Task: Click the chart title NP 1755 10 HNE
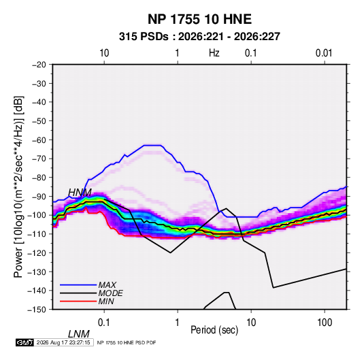coord(199,19)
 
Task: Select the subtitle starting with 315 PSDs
coord(199,37)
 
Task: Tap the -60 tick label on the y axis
coord(39,140)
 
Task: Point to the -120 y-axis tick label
coord(37,252)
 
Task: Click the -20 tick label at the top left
coord(39,65)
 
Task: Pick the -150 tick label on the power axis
coord(37,310)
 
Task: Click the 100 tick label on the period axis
coord(325,323)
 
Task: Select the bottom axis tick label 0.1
coord(104,323)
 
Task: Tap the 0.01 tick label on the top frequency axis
coord(324,53)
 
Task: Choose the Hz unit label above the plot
coord(214,53)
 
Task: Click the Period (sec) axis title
coord(214,330)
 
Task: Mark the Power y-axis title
coord(18,187)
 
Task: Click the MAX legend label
coord(107,285)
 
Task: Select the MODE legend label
coord(110,293)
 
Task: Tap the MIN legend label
coord(106,301)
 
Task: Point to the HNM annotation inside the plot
coord(80,193)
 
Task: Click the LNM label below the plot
coord(79,334)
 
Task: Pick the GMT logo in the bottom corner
coord(25,342)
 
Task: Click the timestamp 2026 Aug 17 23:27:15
coord(63,342)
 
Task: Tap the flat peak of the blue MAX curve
coord(152,146)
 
